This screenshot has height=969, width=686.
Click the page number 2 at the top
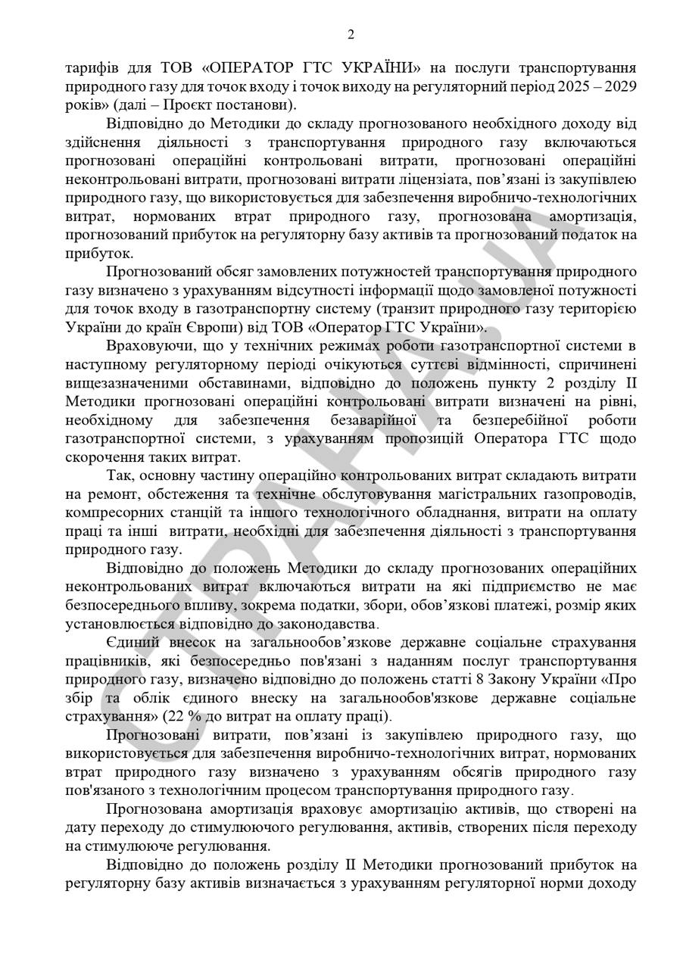pyautogui.click(x=350, y=34)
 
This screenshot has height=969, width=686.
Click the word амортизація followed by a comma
pyautogui.click(x=591, y=217)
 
